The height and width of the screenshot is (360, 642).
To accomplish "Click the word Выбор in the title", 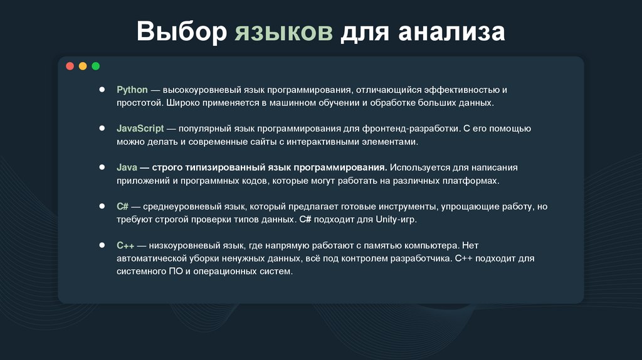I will click(x=181, y=32).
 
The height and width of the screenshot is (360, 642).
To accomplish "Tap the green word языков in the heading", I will click(x=284, y=32).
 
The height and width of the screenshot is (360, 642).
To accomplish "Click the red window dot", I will click(x=70, y=66).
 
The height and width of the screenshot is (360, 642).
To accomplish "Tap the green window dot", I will click(x=95, y=66).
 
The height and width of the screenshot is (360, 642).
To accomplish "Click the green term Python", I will click(x=132, y=90).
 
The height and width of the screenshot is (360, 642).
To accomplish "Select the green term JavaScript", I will click(x=140, y=129).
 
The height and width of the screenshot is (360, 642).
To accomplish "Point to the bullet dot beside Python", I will click(x=102, y=90).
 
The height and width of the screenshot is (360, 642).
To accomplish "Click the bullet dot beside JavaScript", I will click(x=102, y=129).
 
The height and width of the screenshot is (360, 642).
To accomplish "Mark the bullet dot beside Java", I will click(x=102, y=167).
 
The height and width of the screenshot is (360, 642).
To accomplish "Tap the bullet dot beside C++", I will click(x=102, y=245).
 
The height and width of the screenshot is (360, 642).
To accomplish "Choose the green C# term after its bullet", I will click(x=122, y=206).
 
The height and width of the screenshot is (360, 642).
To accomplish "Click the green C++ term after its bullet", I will click(x=125, y=245).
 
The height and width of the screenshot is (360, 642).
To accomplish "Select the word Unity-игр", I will click(x=396, y=220).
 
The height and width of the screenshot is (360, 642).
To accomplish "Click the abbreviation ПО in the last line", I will click(x=174, y=272).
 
